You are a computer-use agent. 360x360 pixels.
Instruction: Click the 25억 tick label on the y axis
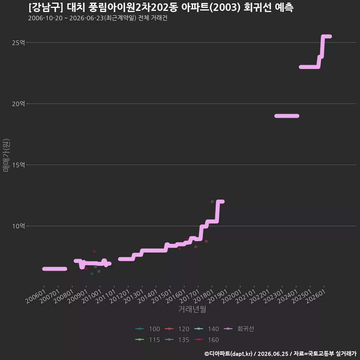pos(18,43)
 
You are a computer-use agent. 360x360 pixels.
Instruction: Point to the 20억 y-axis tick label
pos(18,104)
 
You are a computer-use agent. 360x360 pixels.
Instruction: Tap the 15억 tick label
pos(18,165)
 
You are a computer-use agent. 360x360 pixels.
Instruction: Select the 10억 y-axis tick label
pos(18,226)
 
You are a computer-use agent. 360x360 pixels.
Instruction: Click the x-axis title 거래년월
pos(192,309)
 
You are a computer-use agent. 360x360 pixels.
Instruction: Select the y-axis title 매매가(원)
pos(6,155)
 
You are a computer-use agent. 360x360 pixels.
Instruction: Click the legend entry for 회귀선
pos(239,329)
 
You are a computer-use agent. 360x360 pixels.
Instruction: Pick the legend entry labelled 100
pos(148,329)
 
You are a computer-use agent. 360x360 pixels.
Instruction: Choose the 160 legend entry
pos(206,340)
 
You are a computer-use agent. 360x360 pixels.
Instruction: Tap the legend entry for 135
pos(177,340)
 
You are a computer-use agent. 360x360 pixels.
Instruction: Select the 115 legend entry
pos(148,340)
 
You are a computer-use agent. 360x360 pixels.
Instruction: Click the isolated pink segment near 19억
pos(287,116)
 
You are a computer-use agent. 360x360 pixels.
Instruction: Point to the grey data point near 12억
pos(212,202)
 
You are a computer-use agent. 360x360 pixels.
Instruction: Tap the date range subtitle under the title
pos(98,18)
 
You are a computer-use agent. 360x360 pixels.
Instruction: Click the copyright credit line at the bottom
pos(280,354)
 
